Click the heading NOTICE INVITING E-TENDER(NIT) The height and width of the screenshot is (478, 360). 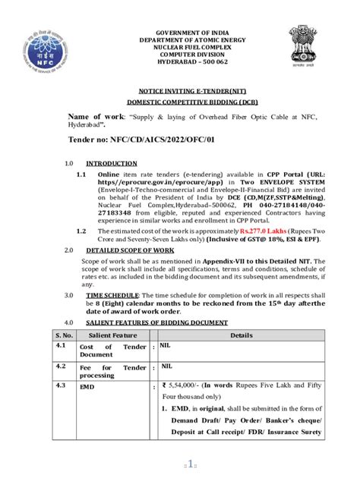(x=180, y=89)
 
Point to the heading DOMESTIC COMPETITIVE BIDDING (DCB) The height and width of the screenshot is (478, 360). (x=180, y=101)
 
